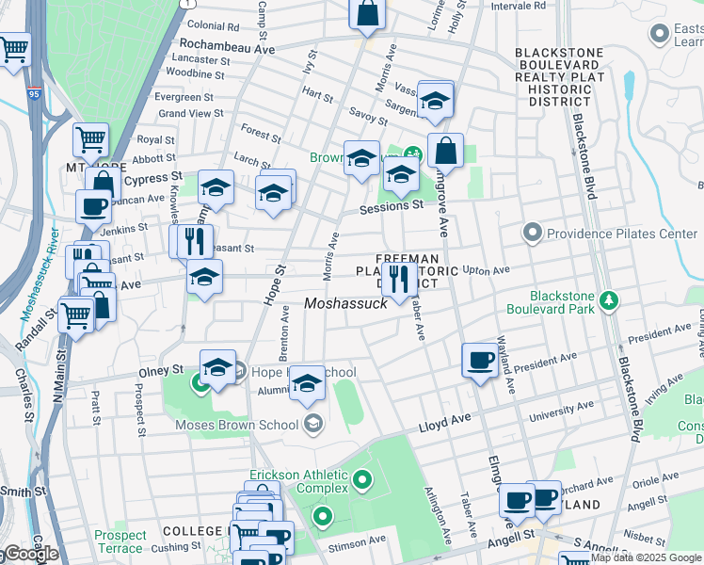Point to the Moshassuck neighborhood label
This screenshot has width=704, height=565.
346,303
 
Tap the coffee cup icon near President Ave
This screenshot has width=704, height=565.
481,360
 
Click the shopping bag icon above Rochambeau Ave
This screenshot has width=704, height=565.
366,14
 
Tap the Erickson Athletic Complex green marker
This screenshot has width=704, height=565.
362,485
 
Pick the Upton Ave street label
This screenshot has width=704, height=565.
487,270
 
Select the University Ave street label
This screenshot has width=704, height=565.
563,410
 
